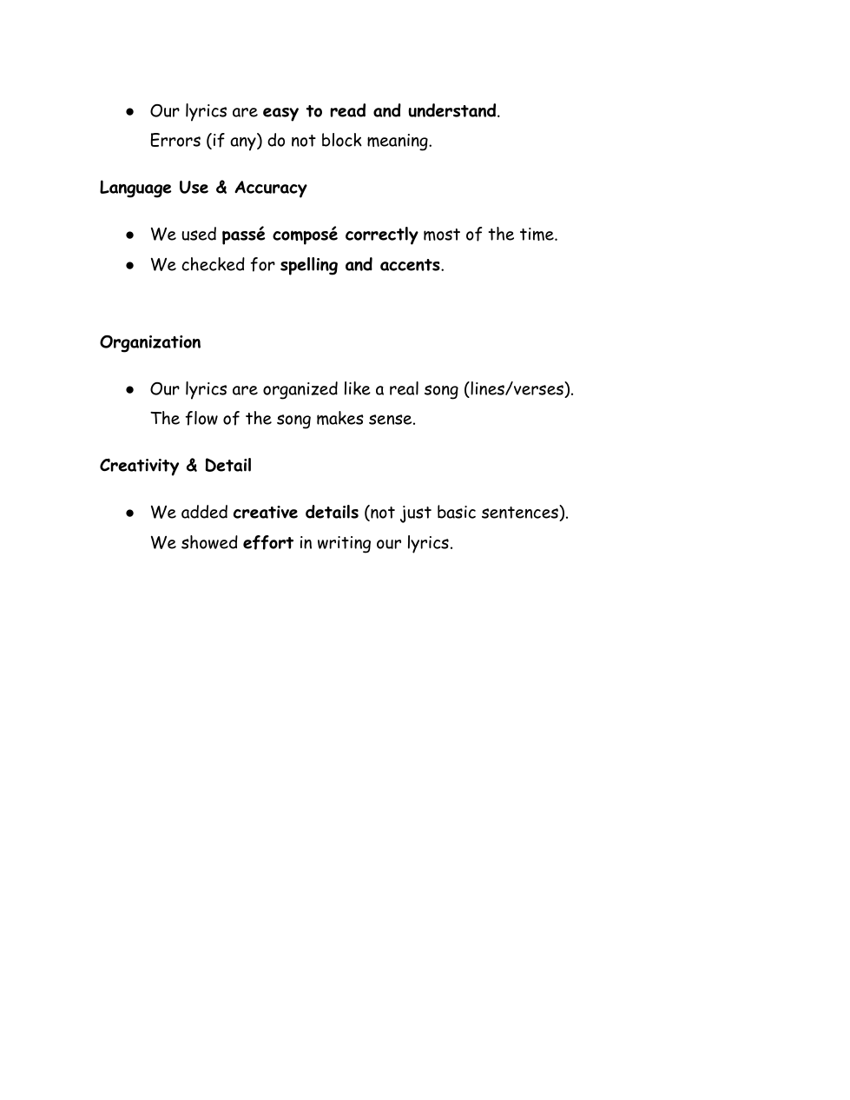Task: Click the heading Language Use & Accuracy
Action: pos(203,188)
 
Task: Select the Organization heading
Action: pos(150,342)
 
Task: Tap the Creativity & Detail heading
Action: pos(175,466)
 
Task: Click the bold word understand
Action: pos(451,111)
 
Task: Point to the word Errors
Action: pos(175,141)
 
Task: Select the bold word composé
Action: pos(305,235)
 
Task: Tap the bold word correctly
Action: pos(381,235)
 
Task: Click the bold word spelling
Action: pos(309,266)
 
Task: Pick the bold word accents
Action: pos(410,265)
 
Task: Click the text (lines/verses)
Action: pos(519,389)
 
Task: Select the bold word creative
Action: pos(266,513)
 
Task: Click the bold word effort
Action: pos(267,543)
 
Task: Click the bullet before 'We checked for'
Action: pos(129,266)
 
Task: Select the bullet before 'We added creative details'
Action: pos(129,514)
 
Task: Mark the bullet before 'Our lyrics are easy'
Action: pos(129,112)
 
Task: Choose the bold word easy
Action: pos(280,112)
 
